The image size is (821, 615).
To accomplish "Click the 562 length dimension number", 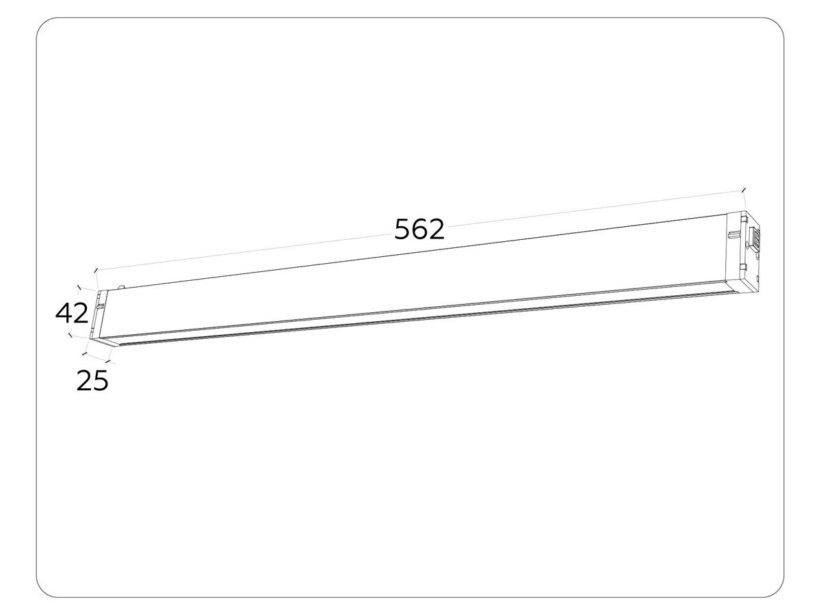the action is (x=419, y=229).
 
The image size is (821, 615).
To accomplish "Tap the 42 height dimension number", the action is (x=72, y=313).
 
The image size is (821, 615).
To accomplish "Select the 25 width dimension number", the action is (x=92, y=381).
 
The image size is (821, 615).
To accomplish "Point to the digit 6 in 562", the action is (x=419, y=229).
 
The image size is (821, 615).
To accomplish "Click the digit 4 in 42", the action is (x=64, y=313).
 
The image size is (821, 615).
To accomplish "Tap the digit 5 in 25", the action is (x=101, y=381).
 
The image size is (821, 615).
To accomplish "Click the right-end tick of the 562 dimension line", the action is (x=743, y=190).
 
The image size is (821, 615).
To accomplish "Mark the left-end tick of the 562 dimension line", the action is (x=96, y=270).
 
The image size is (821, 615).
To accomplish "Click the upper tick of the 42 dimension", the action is (x=79, y=288).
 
